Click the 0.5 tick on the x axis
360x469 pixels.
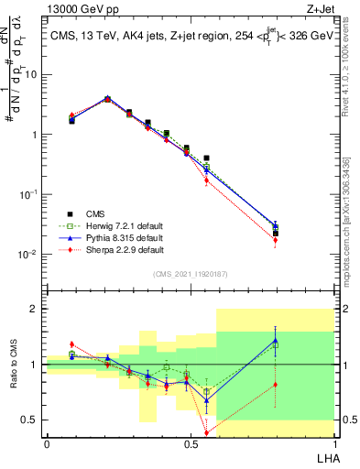click(190, 444)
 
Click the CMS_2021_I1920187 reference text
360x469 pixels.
click(190, 274)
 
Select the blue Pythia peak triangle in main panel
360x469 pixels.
click(107, 98)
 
